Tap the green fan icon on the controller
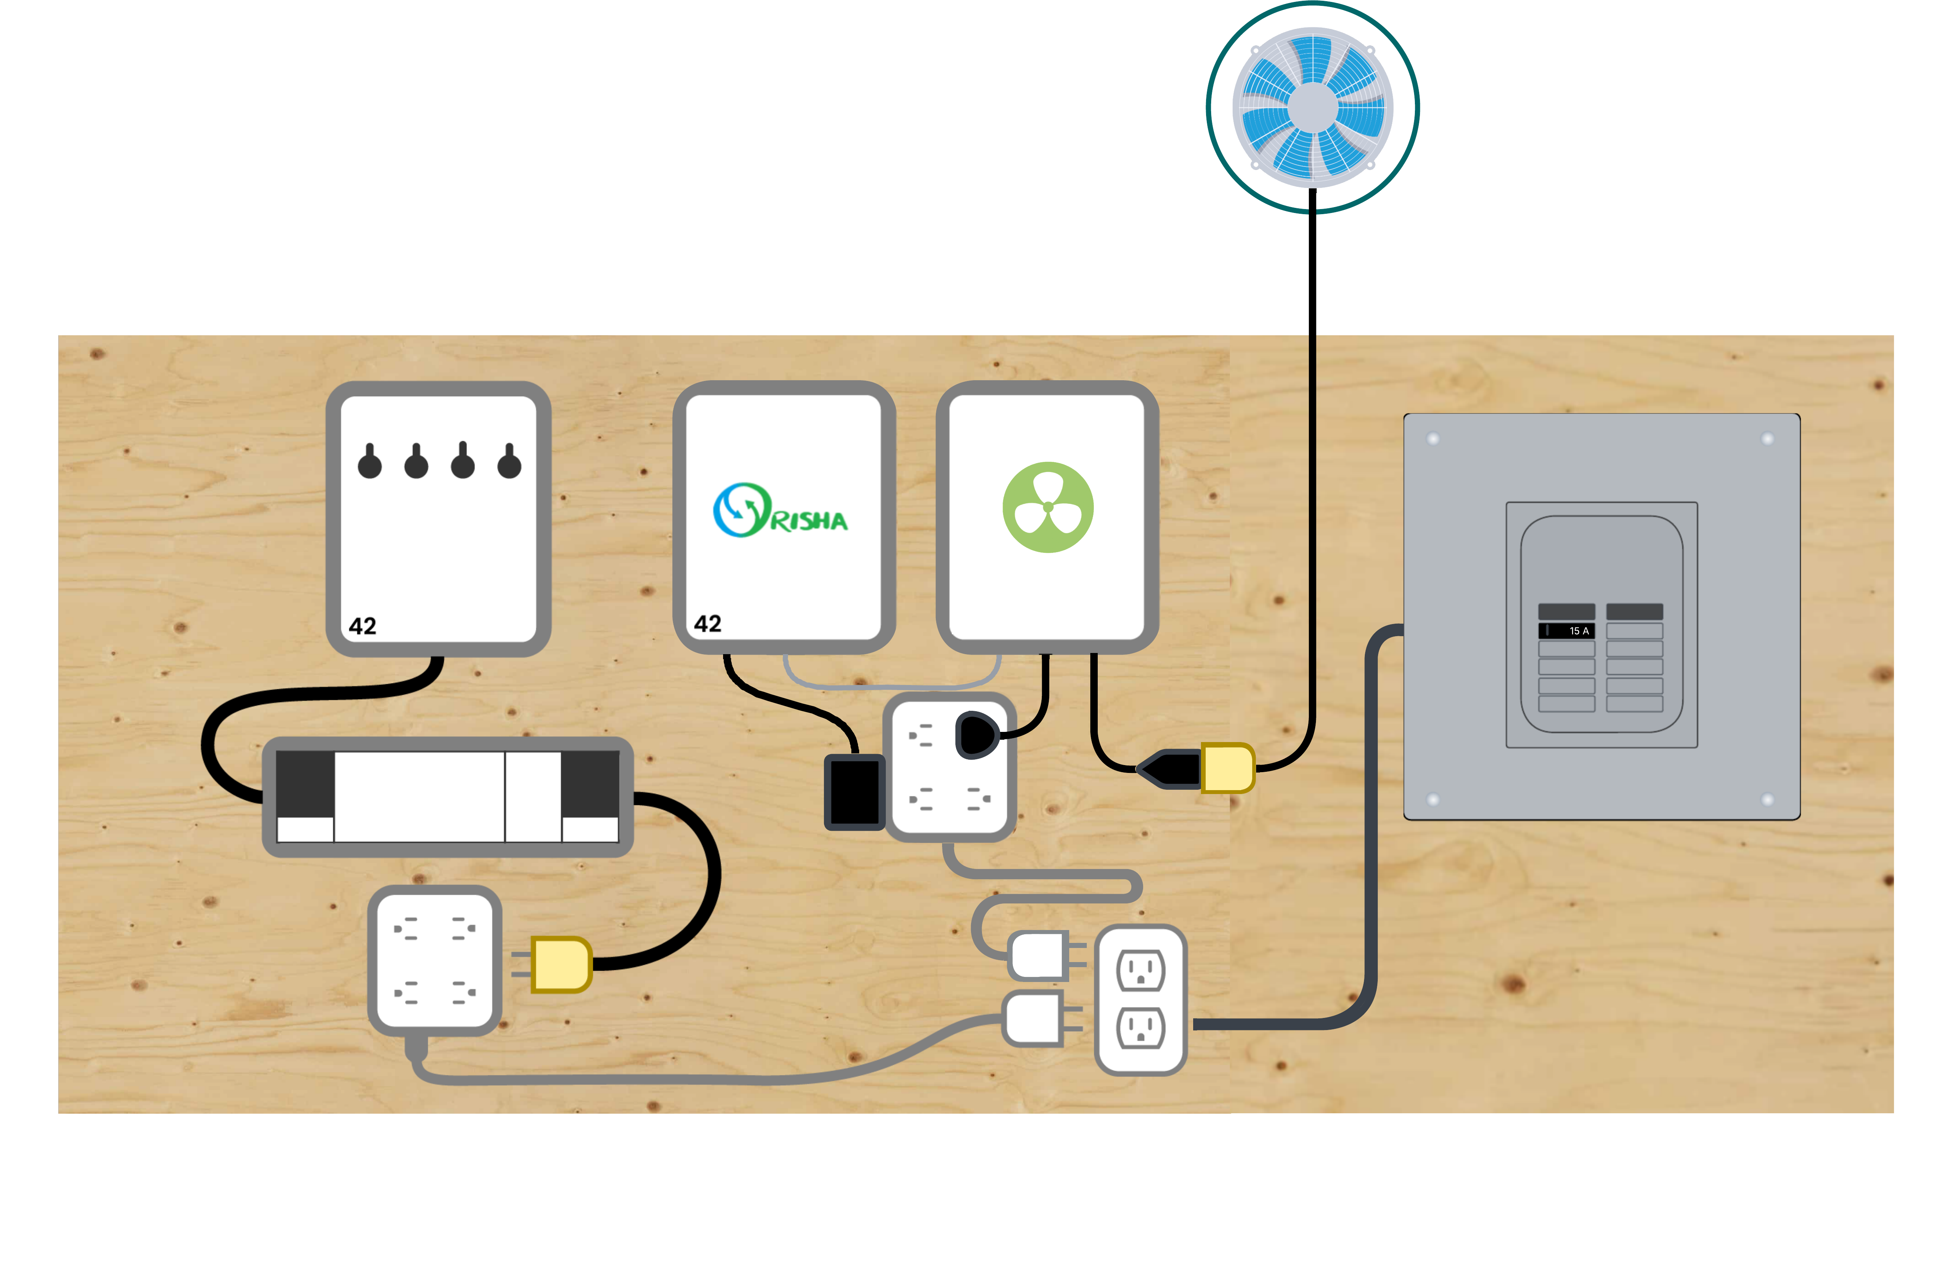[x=1048, y=507]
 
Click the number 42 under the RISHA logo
[x=707, y=624]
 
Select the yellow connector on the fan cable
[x=1227, y=768]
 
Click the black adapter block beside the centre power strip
[x=854, y=791]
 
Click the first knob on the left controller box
[x=369, y=463]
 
